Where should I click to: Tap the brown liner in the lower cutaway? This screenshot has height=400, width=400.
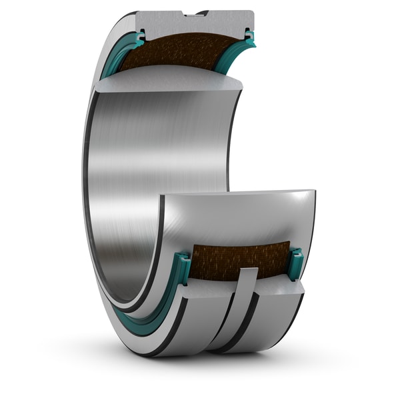click(240, 257)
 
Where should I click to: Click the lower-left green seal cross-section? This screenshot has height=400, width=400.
click(182, 265)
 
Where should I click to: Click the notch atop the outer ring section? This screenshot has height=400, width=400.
click(194, 13)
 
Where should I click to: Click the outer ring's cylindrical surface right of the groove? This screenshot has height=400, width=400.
click(280, 320)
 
